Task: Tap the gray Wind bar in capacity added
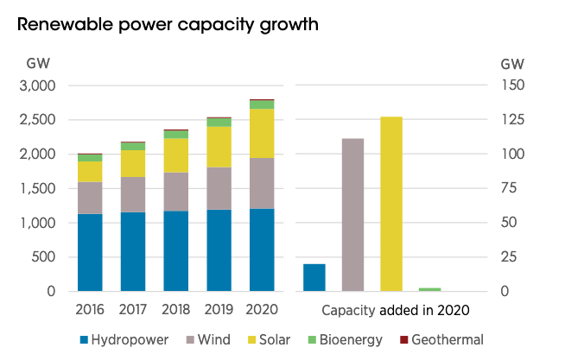352,215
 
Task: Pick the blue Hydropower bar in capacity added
314,277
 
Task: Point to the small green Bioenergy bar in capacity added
429,289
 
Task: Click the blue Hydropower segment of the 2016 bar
90,252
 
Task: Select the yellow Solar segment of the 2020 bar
262,133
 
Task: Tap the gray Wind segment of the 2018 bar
176,192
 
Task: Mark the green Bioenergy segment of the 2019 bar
219,123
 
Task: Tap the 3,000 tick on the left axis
37,85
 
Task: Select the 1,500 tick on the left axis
37,188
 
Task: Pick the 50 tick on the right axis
512,223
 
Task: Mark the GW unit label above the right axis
511,64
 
